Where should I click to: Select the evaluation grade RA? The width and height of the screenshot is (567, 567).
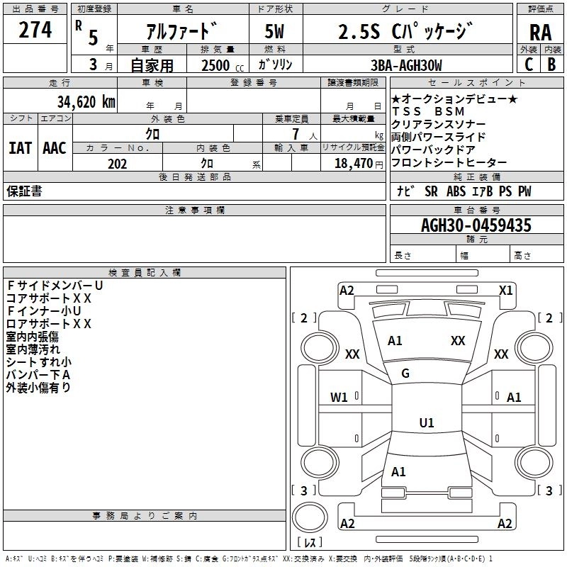point(540,33)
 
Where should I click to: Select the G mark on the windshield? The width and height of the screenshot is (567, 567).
point(405,374)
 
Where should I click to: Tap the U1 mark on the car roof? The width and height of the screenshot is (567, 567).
point(426,423)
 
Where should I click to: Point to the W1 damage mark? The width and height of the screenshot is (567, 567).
point(339,398)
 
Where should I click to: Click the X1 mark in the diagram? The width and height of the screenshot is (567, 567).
point(505,290)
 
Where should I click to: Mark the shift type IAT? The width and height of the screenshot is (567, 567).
point(20,147)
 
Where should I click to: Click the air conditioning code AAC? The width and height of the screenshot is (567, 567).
point(55,147)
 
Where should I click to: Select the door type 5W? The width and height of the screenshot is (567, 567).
point(274,31)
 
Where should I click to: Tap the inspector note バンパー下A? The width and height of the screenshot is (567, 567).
point(38,374)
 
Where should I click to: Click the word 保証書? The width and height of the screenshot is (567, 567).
point(24,191)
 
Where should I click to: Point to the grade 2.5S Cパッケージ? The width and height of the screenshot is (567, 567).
point(402,31)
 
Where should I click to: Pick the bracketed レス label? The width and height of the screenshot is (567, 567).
point(309,543)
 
